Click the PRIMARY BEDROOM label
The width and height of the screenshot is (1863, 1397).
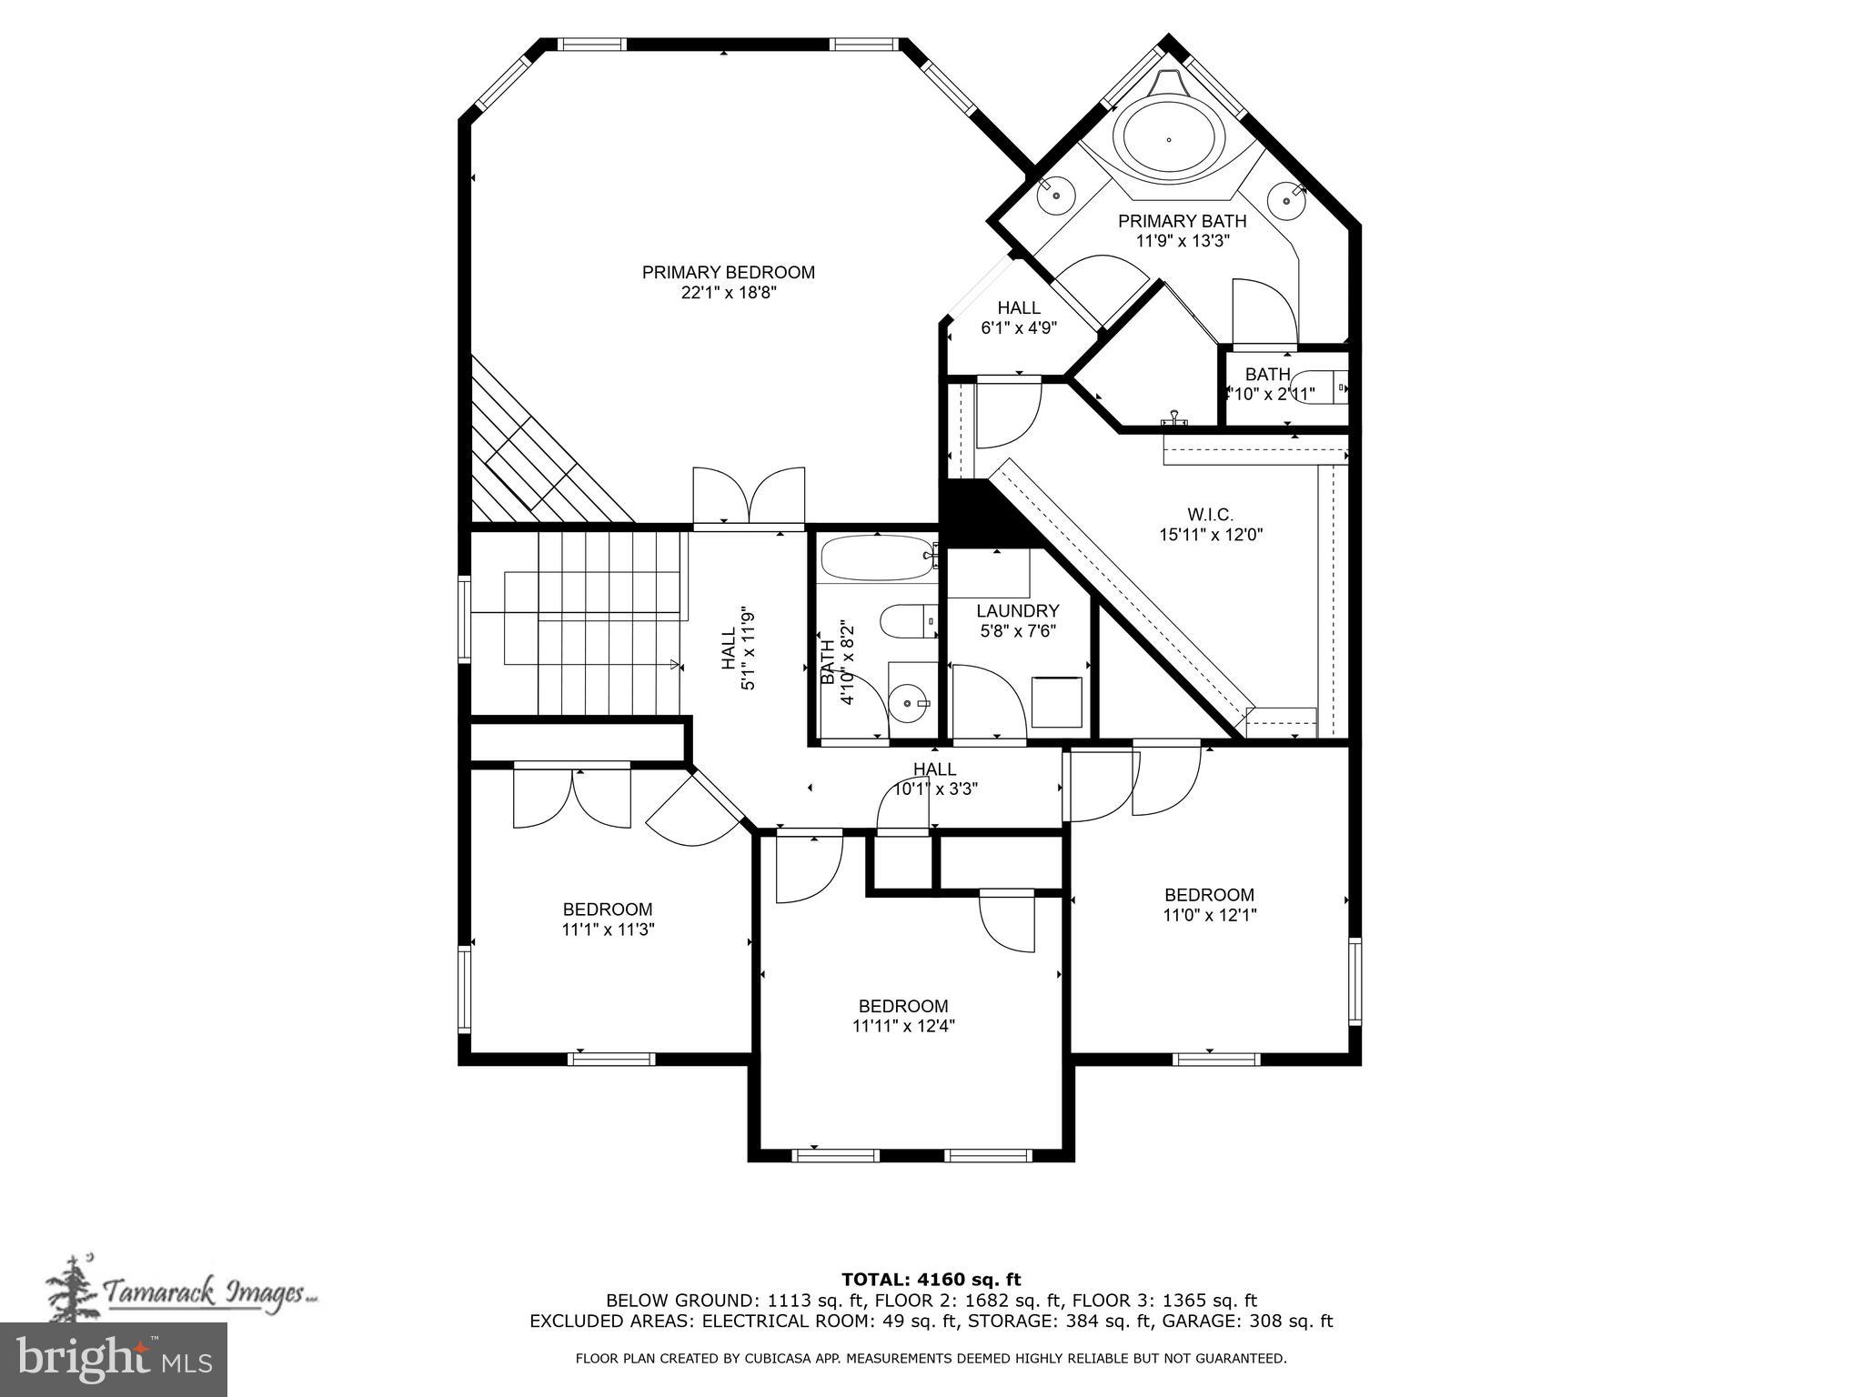click(728, 272)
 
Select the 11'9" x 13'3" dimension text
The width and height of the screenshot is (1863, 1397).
click(1182, 241)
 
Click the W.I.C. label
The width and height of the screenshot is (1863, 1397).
click(1211, 515)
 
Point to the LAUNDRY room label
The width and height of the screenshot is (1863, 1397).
click(1017, 611)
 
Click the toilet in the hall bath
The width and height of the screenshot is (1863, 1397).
click(908, 621)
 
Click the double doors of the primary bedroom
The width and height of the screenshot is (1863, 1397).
click(749, 497)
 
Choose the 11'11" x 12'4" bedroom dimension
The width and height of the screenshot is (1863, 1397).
click(903, 1027)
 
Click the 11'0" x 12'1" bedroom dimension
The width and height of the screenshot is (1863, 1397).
click(1209, 915)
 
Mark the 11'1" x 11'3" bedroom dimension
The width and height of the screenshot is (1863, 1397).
click(608, 930)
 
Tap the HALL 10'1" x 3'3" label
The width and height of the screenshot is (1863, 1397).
click(934, 779)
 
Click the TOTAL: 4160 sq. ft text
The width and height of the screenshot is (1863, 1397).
click(931, 1280)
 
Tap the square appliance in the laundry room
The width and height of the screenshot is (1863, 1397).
click(1057, 701)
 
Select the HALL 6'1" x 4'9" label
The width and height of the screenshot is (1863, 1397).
click(1018, 317)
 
